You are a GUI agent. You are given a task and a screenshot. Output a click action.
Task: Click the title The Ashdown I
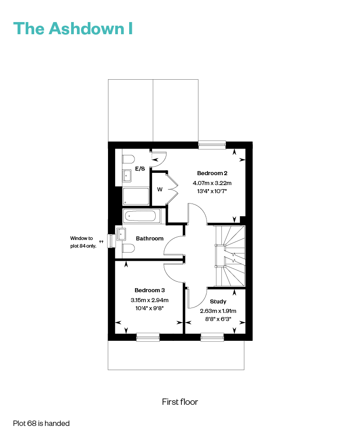pos(73,28)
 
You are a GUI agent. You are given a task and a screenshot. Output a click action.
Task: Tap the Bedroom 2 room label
pos(212,173)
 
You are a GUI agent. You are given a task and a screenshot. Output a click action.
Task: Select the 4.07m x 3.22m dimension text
pos(212,183)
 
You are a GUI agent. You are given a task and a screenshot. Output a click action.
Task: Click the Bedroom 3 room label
pos(150,290)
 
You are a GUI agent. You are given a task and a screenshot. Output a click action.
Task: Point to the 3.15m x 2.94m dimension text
pos(150,300)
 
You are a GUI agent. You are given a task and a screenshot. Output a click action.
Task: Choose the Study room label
pos(218,302)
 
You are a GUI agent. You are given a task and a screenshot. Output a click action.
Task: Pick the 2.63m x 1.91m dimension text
pos(218,311)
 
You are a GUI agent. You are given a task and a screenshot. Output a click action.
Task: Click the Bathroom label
pos(150,239)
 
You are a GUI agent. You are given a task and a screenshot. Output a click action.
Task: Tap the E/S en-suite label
pos(140,168)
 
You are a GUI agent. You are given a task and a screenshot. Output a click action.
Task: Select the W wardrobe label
pos(160,189)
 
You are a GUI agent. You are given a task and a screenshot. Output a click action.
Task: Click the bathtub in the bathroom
pos(142,216)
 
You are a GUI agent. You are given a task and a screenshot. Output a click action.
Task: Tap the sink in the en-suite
pos(127,176)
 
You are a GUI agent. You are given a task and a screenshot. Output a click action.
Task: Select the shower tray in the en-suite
pos(135,196)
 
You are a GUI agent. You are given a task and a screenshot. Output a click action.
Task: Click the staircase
pos(230,256)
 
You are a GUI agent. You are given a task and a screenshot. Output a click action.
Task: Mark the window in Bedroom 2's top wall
pos(212,145)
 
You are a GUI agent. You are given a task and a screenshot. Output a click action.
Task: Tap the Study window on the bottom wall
pos(212,337)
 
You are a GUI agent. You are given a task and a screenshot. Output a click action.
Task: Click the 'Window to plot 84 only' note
pos(83,242)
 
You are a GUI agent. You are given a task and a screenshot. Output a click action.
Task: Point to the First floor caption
pos(180,402)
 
